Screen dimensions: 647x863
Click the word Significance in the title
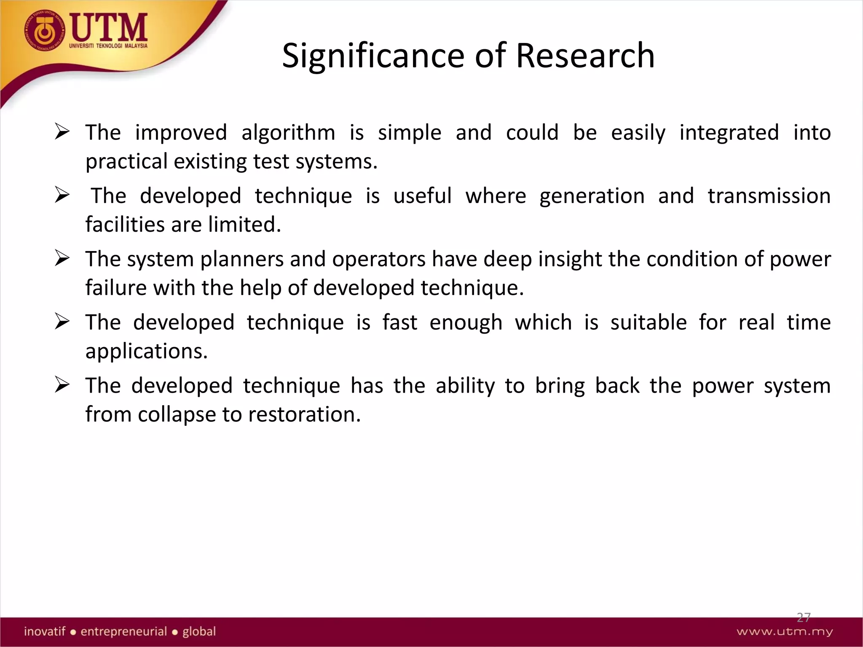pos(373,56)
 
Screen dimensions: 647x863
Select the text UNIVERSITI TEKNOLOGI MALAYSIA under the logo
pos(108,46)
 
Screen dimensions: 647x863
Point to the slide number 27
pos(804,618)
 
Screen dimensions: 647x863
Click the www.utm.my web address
pos(785,632)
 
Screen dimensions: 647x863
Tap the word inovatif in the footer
pos(45,631)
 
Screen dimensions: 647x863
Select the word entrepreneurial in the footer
pos(124,631)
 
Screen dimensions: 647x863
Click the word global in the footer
pos(199,631)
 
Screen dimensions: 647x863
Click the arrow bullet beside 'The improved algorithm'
pos(62,132)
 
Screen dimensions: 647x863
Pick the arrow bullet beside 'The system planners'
pos(62,259)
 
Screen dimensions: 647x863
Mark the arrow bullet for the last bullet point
pos(62,385)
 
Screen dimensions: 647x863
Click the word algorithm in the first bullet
pos(288,133)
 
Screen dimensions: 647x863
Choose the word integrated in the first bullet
pos(729,133)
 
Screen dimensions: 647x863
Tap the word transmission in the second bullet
pos(769,196)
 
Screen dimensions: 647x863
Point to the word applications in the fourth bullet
pos(146,351)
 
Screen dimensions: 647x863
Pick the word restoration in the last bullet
pos(304,414)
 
